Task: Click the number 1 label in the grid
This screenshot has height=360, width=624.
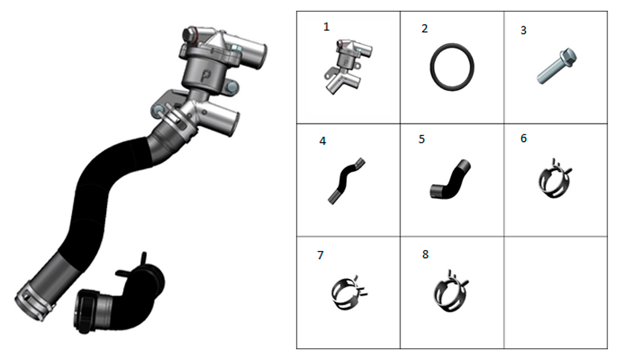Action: pyautogui.click(x=326, y=27)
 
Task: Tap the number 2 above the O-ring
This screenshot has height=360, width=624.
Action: pyautogui.click(x=424, y=29)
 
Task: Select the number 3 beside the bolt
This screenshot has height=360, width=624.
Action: pyautogui.click(x=524, y=30)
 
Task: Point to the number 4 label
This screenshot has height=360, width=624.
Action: pyautogui.click(x=323, y=141)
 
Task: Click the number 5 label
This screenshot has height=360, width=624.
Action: pyautogui.click(x=422, y=139)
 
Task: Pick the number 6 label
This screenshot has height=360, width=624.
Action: pyautogui.click(x=524, y=139)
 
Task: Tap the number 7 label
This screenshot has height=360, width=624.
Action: pyautogui.click(x=320, y=255)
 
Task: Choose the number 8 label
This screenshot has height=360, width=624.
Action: pyautogui.click(x=426, y=254)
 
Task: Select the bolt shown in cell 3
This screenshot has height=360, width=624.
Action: pyautogui.click(x=557, y=66)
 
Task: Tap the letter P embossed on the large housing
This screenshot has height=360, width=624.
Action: pyautogui.click(x=206, y=74)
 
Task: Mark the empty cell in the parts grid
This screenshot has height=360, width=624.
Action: pyautogui.click(x=555, y=293)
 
